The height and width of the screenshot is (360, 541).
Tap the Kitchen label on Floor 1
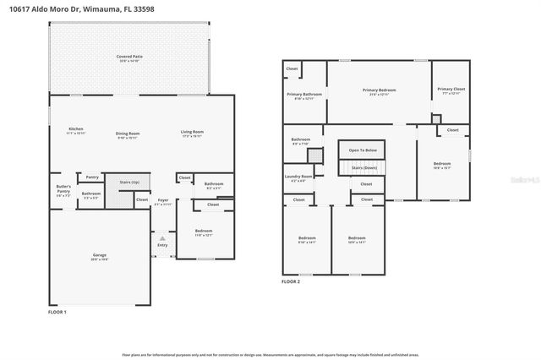[x=75, y=129]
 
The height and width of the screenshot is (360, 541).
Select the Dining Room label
[x=128, y=132]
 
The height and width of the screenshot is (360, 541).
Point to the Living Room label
[x=192, y=132]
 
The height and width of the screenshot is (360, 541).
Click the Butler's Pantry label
[x=63, y=188]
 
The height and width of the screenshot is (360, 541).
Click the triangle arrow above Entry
[x=162, y=238]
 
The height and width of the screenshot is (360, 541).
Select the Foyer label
[x=162, y=200]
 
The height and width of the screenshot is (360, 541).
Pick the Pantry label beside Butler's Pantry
[x=91, y=177]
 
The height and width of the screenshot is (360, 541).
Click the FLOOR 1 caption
[x=57, y=313]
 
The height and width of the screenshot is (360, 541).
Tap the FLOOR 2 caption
[x=291, y=281]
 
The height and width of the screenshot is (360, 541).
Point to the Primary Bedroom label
[x=380, y=90]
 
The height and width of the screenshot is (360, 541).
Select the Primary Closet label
[x=451, y=90]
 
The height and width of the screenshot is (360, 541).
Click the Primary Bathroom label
[x=303, y=95]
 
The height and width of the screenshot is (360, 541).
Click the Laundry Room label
[x=299, y=177]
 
